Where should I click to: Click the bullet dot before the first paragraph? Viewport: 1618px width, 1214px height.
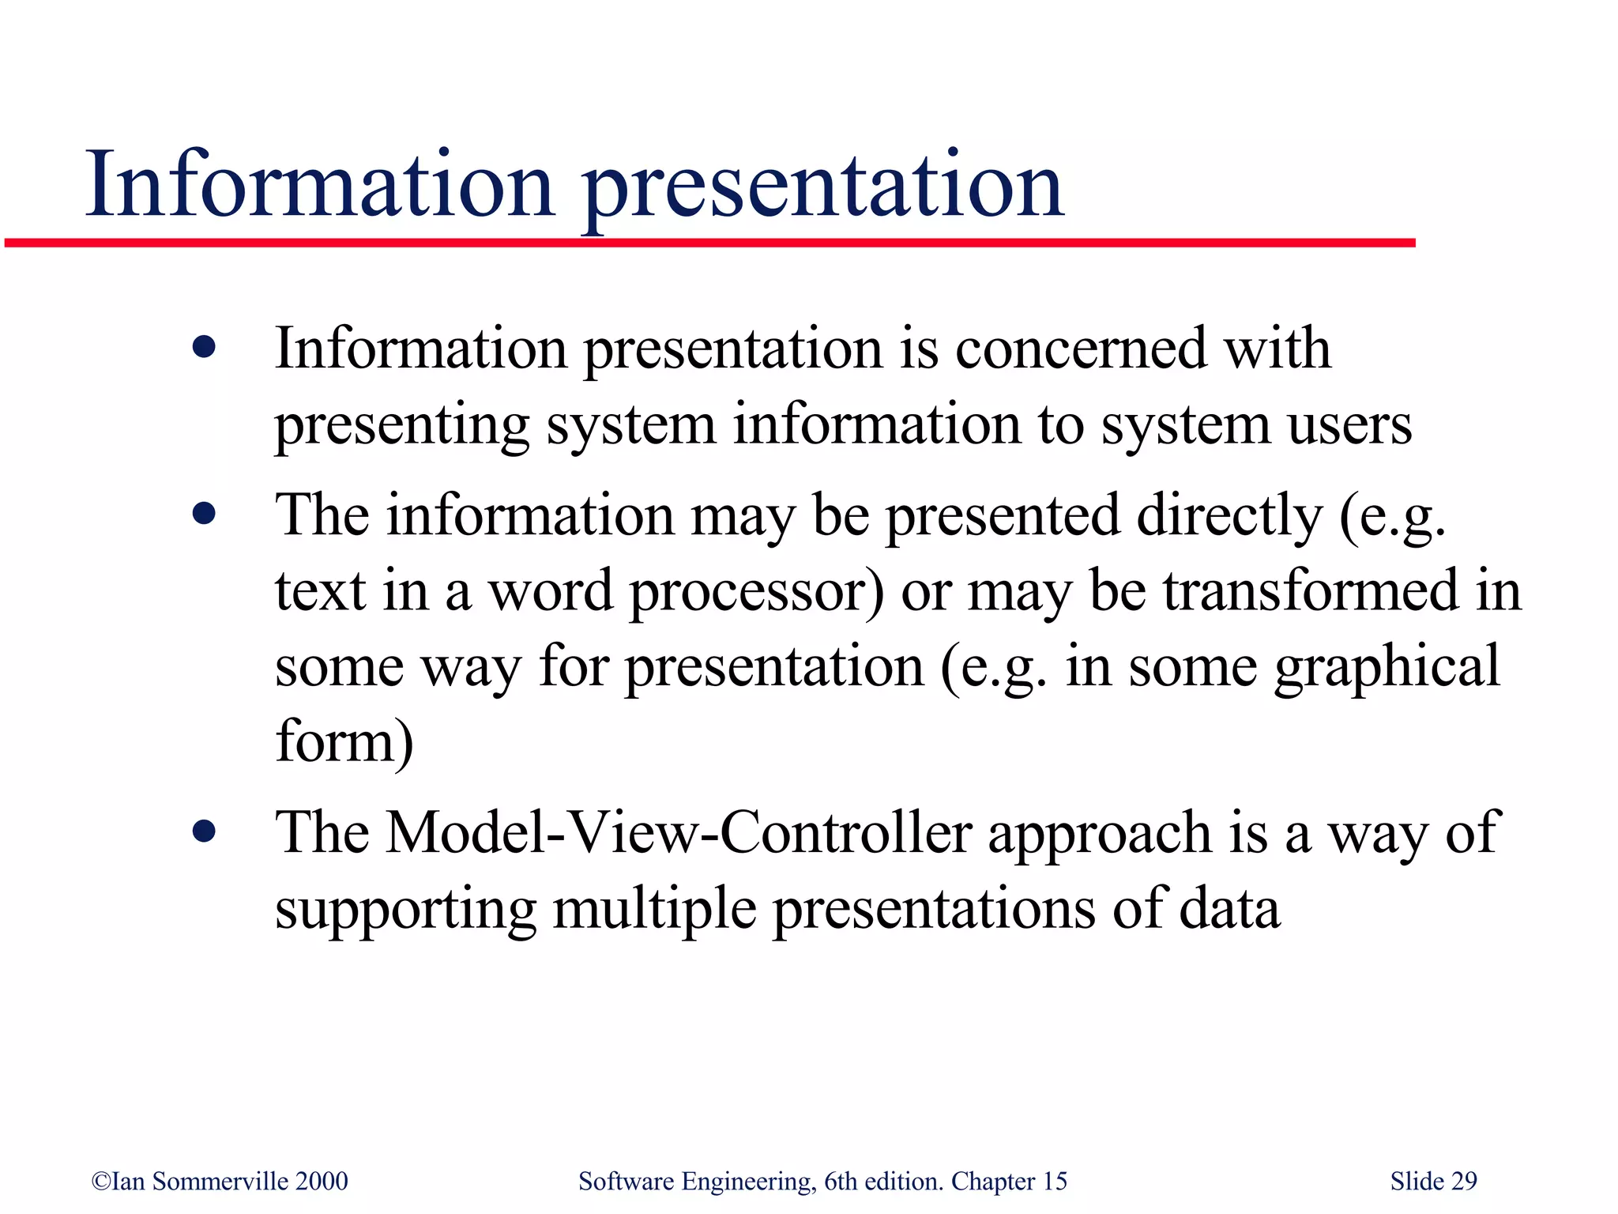click(204, 348)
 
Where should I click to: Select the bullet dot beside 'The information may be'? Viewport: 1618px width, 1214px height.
click(204, 515)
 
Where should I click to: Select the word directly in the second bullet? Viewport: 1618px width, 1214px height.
click(1229, 516)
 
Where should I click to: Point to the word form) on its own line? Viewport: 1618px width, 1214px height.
click(344, 741)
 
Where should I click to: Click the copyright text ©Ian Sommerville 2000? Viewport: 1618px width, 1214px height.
click(220, 1181)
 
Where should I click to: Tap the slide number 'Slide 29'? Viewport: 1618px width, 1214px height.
click(1433, 1181)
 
